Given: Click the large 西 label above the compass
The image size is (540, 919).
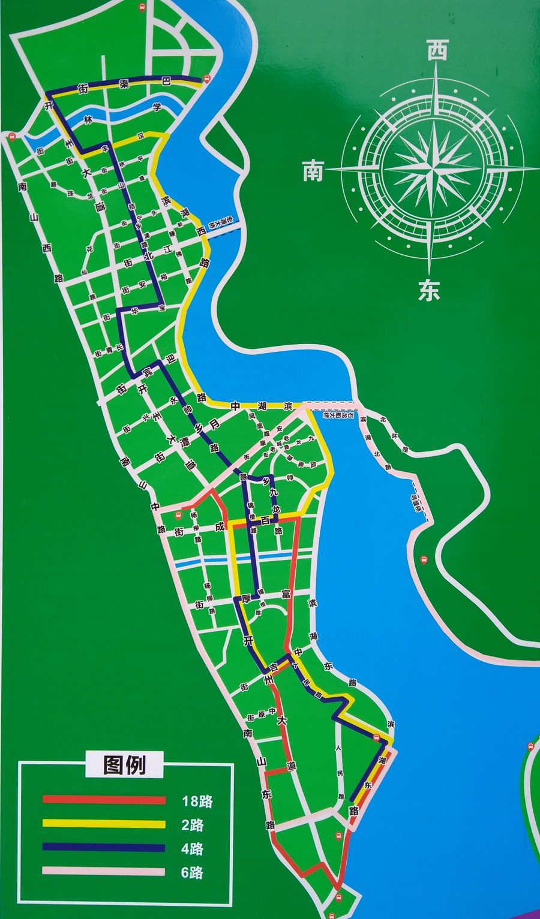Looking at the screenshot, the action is tap(437, 50).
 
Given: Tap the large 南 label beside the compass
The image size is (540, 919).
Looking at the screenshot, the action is tap(313, 171).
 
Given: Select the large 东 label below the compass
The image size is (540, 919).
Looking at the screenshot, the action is tap(430, 291).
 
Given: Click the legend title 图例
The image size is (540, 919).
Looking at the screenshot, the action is tap(124, 765).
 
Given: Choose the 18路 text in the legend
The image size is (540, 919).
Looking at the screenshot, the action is tap(197, 801).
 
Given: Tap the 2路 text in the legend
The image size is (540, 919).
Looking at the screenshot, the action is tap(193, 825).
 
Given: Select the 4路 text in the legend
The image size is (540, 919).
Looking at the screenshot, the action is tap(193, 849).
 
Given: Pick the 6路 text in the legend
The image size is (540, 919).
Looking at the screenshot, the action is tap(193, 873).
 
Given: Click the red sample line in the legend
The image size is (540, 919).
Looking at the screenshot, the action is tap(104, 800).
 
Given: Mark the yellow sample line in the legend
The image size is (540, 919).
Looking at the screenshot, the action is tap(104, 824).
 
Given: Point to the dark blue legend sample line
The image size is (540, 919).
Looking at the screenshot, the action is tap(104, 848).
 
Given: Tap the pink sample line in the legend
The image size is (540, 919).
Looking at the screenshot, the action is tap(104, 872).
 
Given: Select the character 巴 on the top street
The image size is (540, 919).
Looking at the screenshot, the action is tap(166, 80).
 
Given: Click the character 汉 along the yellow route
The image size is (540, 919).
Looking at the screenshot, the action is tap(141, 136).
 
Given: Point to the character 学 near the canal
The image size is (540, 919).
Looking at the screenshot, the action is tap(157, 108).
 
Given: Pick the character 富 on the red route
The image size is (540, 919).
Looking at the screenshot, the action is tap(286, 593).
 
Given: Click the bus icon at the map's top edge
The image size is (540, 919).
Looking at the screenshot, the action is tap(142, 7).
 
